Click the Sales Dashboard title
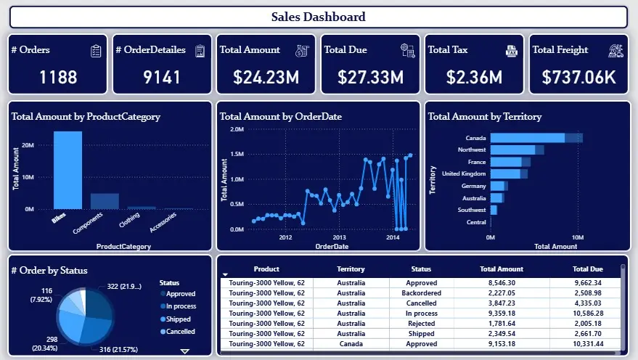click(x=318, y=17)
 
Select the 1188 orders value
click(x=58, y=77)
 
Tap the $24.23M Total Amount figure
click(x=267, y=77)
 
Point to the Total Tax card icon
click(x=512, y=50)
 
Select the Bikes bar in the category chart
click(x=68, y=170)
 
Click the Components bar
click(x=105, y=201)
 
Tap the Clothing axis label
click(x=129, y=221)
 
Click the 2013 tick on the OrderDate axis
click(x=339, y=237)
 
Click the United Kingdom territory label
click(x=464, y=174)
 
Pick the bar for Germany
click(x=498, y=186)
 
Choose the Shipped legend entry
click(x=178, y=319)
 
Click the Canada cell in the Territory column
click(x=351, y=344)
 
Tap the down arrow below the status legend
click(x=184, y=351)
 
